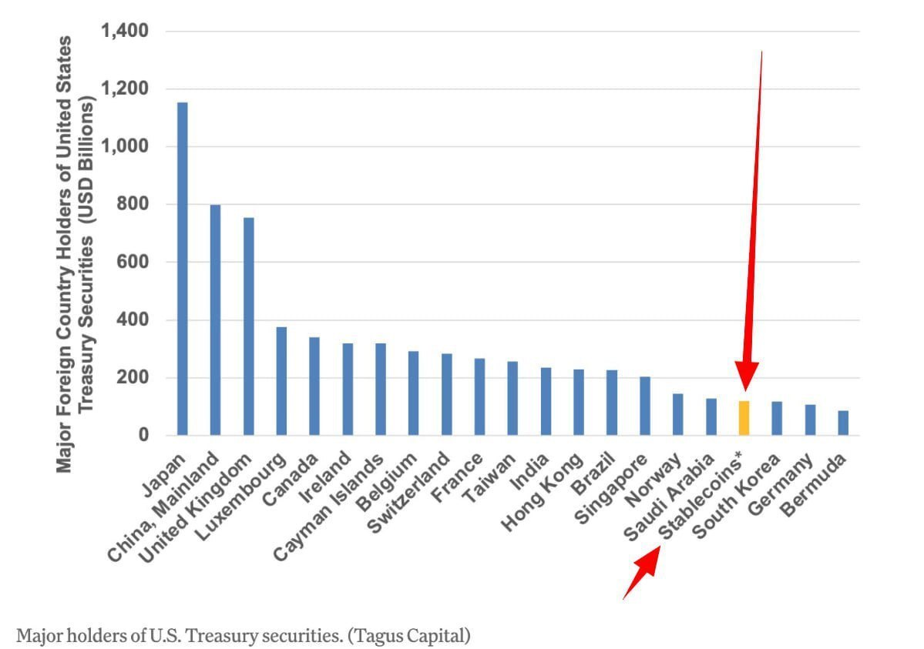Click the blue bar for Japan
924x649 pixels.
coord(182,269)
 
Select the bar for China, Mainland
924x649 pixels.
coord(215,319)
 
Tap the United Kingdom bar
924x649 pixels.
coord(248,326)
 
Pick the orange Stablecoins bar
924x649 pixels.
coord(744,418)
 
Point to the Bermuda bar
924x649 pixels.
coord(843,423)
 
